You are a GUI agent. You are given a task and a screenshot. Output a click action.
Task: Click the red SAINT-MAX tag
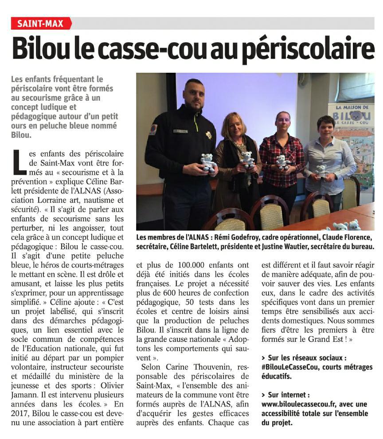click(x=40, y=24)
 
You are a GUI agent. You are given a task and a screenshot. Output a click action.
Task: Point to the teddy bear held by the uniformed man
click(x=208, y=162)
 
